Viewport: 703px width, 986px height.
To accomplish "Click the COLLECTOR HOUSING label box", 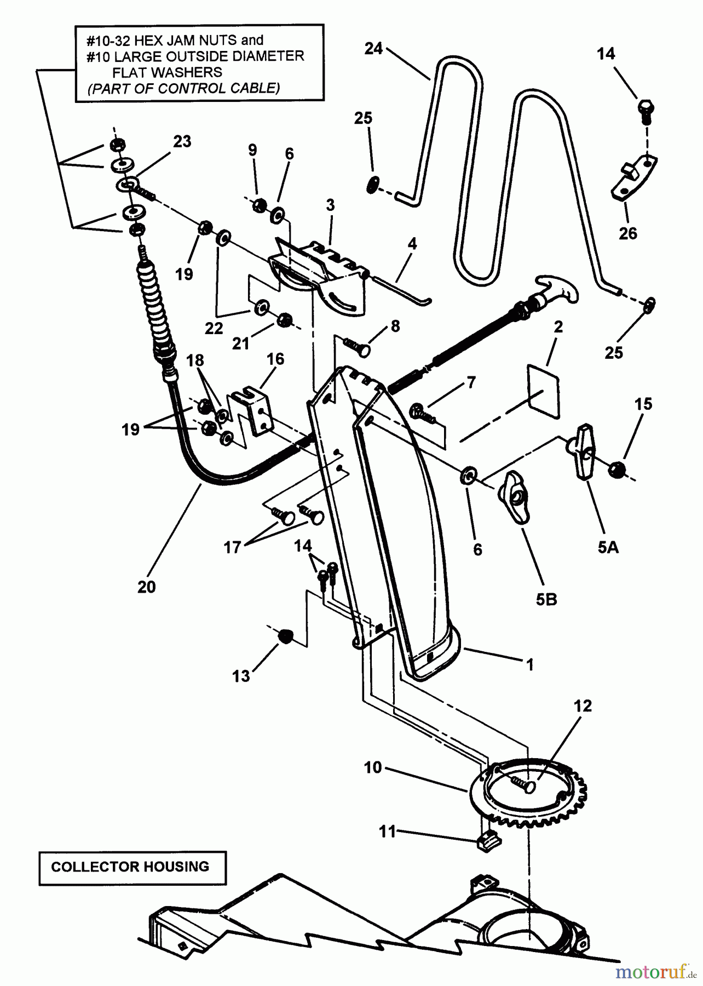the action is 132,868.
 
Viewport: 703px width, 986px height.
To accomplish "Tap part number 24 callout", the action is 373,49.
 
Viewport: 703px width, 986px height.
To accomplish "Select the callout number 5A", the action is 608,547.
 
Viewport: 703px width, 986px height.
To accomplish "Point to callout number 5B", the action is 546,600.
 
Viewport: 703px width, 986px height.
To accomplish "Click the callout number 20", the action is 147,587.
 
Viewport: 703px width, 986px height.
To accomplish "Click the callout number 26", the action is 628,233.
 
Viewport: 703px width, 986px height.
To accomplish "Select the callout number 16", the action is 275,359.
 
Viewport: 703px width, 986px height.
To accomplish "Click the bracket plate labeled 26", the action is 634,180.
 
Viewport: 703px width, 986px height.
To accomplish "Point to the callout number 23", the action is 182,141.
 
